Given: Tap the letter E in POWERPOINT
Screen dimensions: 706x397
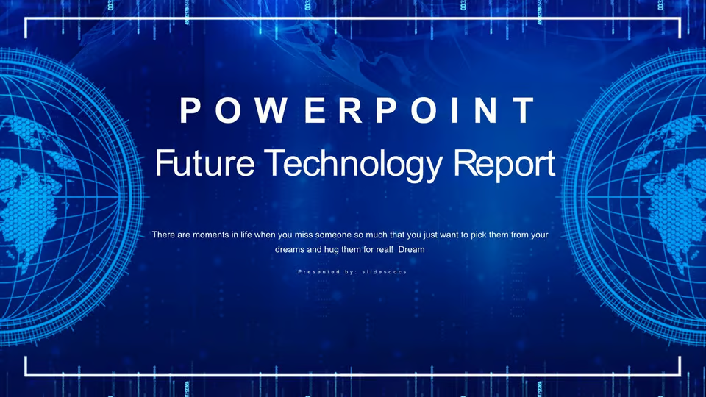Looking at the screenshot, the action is (x=315, y=110).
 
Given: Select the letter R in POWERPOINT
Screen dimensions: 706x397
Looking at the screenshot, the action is (x=350, y=110).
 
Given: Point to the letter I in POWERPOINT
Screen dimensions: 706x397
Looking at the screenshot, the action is (x=454, y=110).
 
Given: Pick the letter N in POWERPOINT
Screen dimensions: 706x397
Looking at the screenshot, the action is (x=486, y=110).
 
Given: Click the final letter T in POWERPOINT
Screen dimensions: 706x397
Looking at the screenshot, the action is (x=524, y=110).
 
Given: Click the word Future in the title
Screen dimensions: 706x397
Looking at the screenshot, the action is (x=205, y=163).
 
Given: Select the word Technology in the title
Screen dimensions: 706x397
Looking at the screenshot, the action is (x=354, y=165).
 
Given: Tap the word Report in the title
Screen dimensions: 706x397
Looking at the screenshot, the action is (x=504, y=165).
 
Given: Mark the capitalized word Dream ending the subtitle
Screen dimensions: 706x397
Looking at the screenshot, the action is (x=412, y=249).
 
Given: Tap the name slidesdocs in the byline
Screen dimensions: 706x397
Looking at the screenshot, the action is (x=385, y=272).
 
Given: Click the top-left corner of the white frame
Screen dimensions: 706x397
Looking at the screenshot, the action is (x=26, y=19).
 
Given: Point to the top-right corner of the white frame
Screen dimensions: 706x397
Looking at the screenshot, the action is (x=680, y=19).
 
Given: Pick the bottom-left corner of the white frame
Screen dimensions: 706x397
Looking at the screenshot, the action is (x=26, y=375).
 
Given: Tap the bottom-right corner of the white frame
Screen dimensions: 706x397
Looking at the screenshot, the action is (x=680, y=375).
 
